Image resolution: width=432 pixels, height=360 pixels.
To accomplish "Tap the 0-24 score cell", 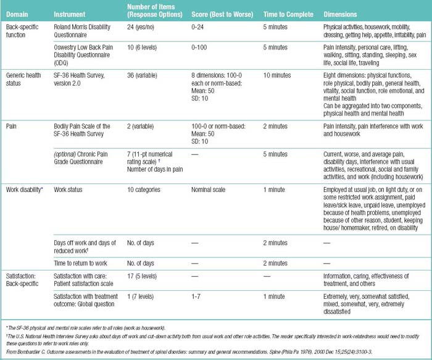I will [199, 27].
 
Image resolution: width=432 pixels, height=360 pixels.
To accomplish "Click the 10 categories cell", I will [147, 190].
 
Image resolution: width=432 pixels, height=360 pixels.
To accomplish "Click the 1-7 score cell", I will [196, 298].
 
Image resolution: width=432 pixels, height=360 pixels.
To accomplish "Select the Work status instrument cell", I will [68, 190].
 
